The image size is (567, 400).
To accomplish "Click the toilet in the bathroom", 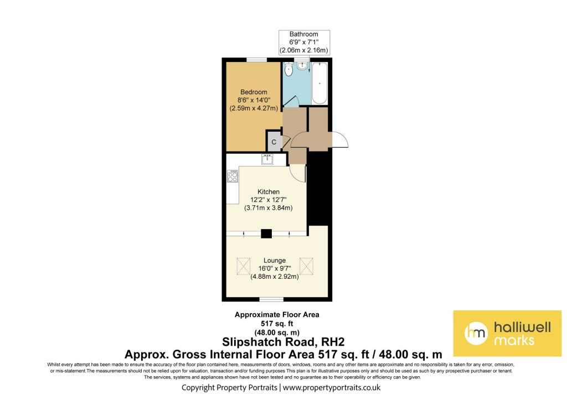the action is click(288, 69).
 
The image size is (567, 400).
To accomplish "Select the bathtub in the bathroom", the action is click(319, 83).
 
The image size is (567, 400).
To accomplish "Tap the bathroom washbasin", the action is click(302, 65).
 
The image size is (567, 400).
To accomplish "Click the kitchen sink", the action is click(267, 159).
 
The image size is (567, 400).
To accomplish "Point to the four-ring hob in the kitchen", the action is click(233, 176).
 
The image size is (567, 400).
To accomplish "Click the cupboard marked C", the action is click(274, 141).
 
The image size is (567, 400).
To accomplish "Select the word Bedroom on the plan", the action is click(254, 92).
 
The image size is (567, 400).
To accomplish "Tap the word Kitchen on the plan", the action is click(269, 191).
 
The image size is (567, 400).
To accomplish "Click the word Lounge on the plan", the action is click(275, 260).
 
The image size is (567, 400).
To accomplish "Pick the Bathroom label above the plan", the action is click(304, 34).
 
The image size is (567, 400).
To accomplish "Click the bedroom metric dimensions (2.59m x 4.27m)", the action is click(254, 108).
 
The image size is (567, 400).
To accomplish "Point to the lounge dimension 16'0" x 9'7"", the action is click(275, 268).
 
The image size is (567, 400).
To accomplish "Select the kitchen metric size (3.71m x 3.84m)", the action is click(269, 208).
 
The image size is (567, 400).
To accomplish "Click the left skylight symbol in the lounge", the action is click(244, 266).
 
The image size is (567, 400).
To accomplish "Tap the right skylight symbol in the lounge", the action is click(306, 266).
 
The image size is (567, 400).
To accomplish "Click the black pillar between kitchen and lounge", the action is click(266, 233).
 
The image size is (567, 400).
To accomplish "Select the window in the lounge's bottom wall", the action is click(271, 299).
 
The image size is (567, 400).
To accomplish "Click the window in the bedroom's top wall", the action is click(257, 60).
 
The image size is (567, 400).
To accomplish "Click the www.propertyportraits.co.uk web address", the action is click(332, 388).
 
